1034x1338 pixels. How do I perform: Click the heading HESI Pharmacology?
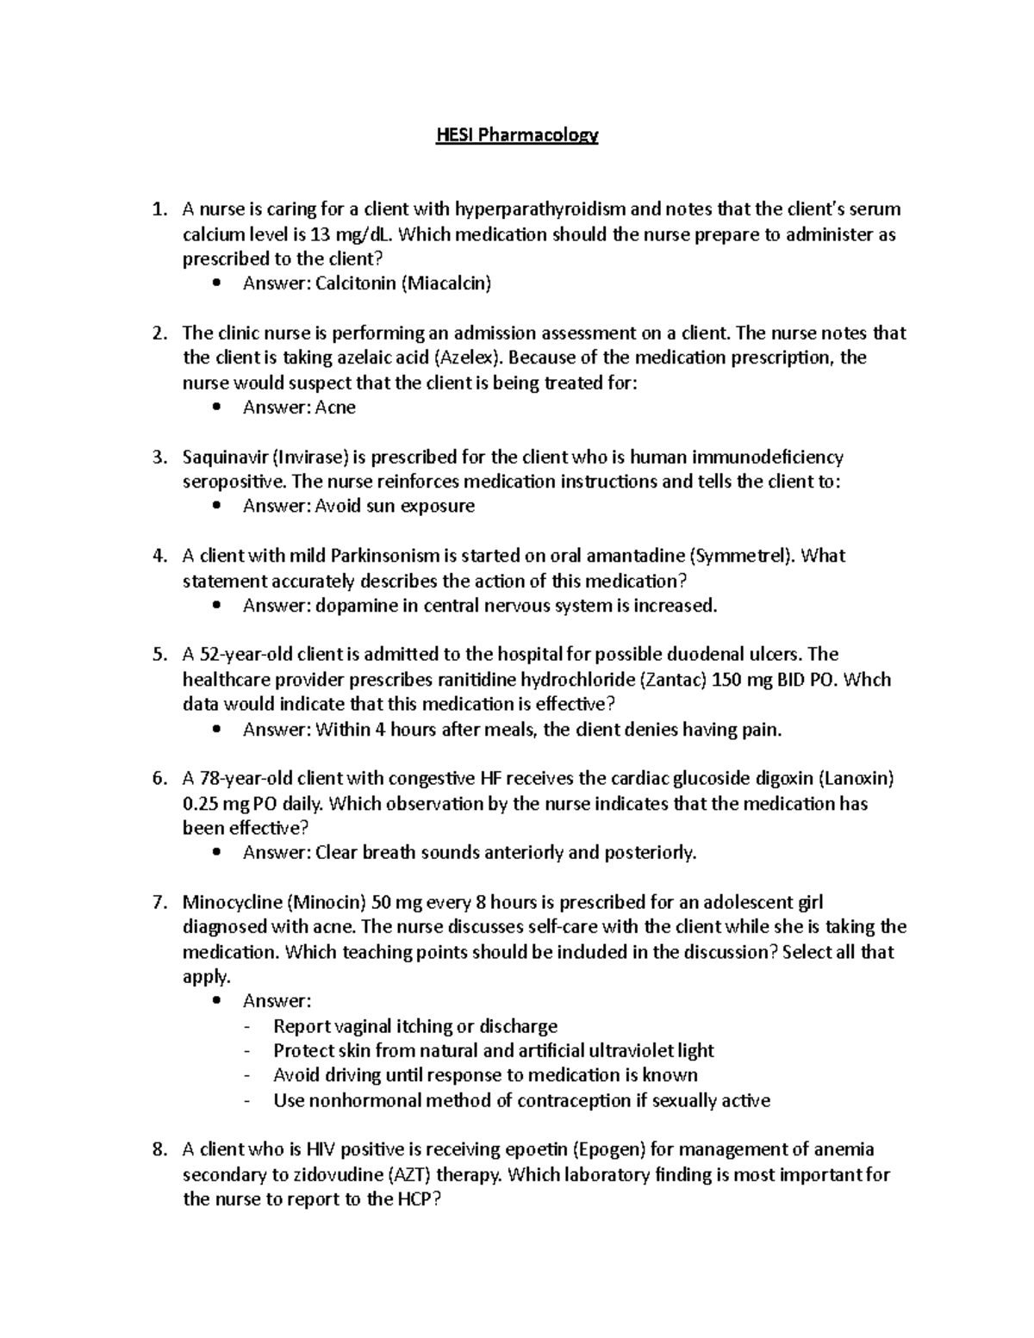(516, 135)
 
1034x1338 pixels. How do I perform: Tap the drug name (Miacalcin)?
(445, 283)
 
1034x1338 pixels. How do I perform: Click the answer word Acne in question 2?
(335, 408)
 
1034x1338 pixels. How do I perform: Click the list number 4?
(158, 556)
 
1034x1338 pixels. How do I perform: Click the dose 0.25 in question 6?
(202, 804)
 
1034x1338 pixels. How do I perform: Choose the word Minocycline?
(231, 903)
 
